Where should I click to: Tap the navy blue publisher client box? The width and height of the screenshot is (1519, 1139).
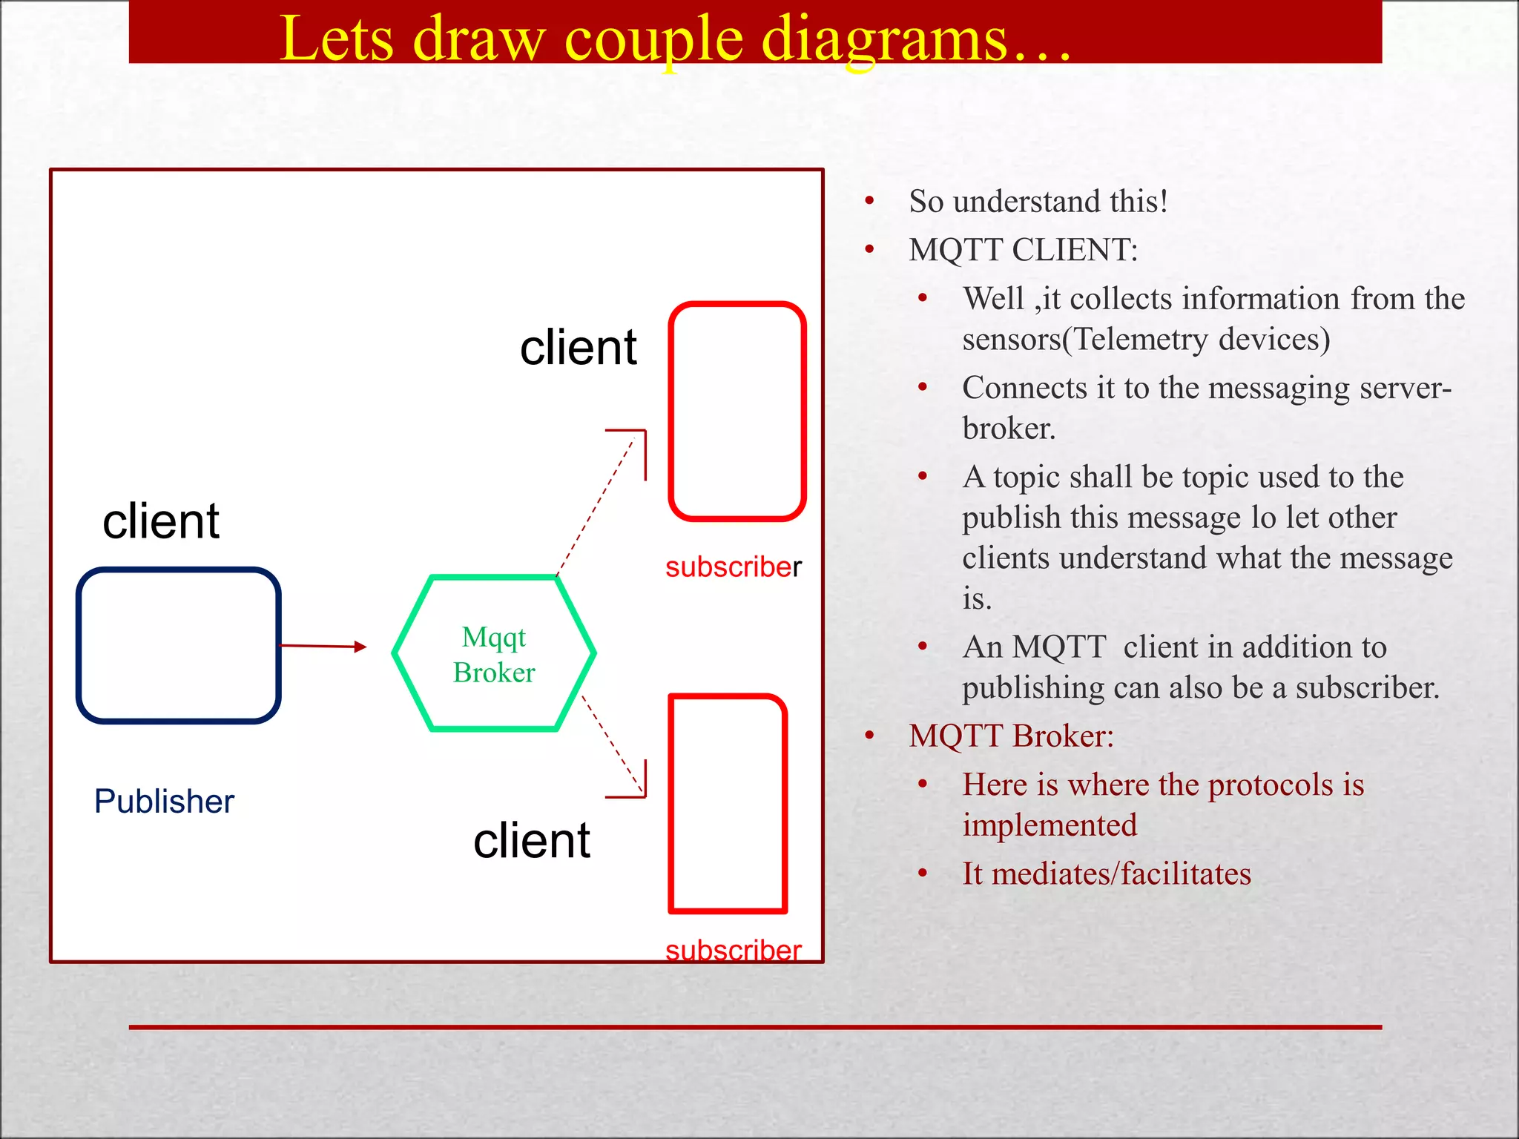tap(179, 645)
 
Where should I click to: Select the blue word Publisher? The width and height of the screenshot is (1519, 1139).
tap(164, 802)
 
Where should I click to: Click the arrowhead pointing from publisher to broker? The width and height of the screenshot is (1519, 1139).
tap(360, 647)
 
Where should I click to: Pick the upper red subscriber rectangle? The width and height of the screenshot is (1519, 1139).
tap(737, 411)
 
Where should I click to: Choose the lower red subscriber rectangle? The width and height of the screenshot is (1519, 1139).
tap(728, 804)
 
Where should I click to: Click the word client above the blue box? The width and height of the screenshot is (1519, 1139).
tap(161, 521)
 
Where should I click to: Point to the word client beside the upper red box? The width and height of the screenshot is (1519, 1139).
tap(578, 347)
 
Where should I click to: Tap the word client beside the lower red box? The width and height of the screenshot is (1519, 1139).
tap(532, 841)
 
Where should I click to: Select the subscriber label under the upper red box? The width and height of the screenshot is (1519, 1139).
tap(733, 567)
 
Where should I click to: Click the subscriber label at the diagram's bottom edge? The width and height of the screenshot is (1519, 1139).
tap(733, 950)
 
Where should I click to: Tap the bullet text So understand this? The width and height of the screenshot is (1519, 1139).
tap(1038, 202)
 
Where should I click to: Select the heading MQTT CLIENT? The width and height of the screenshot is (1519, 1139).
tap(1023, 250)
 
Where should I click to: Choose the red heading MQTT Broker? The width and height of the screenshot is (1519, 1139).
tap(1011, 736)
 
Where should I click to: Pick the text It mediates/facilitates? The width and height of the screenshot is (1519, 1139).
tap(1106, 874)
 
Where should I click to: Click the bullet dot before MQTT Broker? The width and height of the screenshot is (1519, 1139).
tap(870, 735)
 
